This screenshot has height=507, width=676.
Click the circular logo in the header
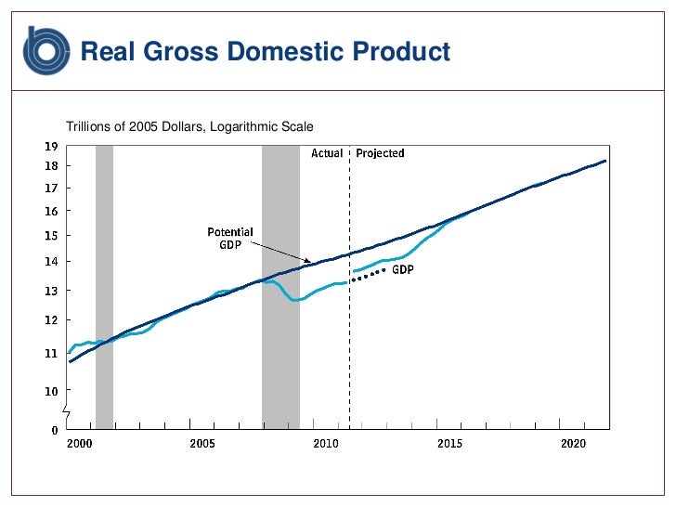click(x=46, y=50)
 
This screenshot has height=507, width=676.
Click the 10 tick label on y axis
click(x=51, y=391)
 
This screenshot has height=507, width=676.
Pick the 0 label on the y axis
click(x=54, y=430)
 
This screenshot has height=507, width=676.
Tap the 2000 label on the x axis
click(x=80, y=444)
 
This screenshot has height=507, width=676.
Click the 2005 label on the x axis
click(x=202, y=444)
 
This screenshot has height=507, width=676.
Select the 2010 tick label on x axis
click(x=326, y=444)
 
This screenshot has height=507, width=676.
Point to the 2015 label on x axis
click(x=449, y=444)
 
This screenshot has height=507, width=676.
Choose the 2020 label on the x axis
click(x=573, y=444)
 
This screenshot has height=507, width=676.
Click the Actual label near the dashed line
click(x=326, y=153)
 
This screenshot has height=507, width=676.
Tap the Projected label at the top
click(x=380, y=153)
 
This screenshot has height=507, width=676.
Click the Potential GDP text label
click(x=229, y=239)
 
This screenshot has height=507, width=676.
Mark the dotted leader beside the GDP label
click(x=368, y=275)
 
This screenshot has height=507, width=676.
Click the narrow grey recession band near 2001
click(x=104, y=279)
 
